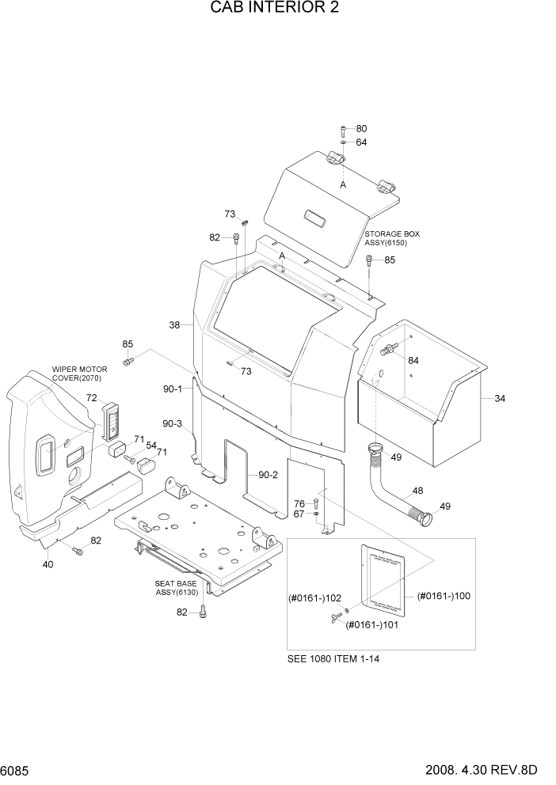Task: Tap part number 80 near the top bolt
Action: pyautogui.click(x=361, y=129)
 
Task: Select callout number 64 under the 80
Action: pyautogui.click(x=361, y=142)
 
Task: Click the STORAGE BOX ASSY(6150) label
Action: pyautogui.click(x=392, y=239)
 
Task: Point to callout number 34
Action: pyautogui.click(x=499, y=398)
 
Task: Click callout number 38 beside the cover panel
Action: pyautogui.click(x=175, y=324)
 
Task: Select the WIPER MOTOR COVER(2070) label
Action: pyautogui.click(x=80, y=374)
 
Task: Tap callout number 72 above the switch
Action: pyautogui.click(x=92, y=398)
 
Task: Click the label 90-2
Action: pyautogui.click(x=268, y=475)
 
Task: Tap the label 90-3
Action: pyautogui.click(x=173, y=424)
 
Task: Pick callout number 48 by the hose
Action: pyautogui.click(x=417, y=491)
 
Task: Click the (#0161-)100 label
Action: pyautogui.click(x=444, y=596)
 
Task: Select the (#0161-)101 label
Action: pyautogui.click(x=371, y=624)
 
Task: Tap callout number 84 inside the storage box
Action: pyautogui.click(x=413, y=360)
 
